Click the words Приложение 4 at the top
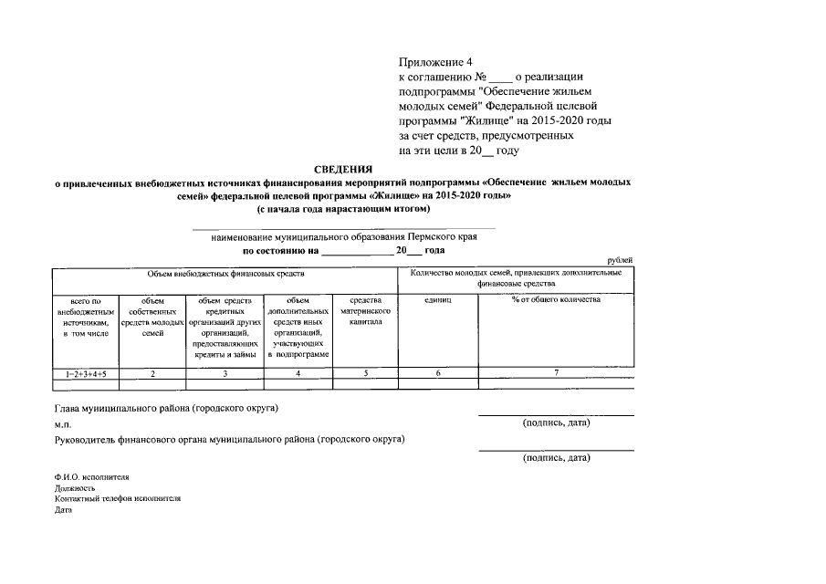click(435, 62)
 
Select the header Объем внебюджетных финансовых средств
click(225, 273)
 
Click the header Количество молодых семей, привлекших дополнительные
click(517, 273)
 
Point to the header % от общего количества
click(556, 300)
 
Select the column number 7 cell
click(556, 374)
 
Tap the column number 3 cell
click(225, 374)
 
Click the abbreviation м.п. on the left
click(62, 424)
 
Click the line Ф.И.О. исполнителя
click(91, 476)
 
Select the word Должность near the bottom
click(75, 488)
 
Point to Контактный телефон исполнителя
click(118, 499)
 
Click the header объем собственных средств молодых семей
click(153, 317)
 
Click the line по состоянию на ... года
click(342, 249)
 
